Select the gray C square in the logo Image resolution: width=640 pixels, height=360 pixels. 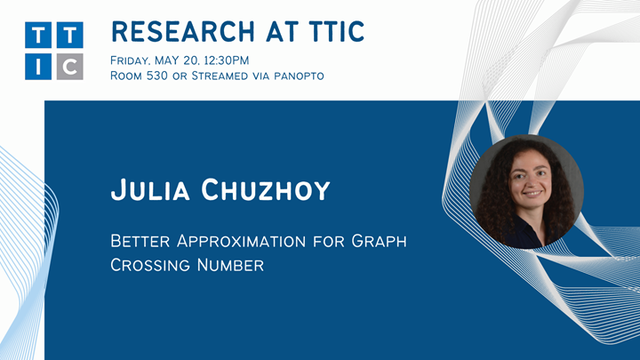69,66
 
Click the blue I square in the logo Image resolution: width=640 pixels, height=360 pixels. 40,66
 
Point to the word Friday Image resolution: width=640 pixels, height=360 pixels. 132,60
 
